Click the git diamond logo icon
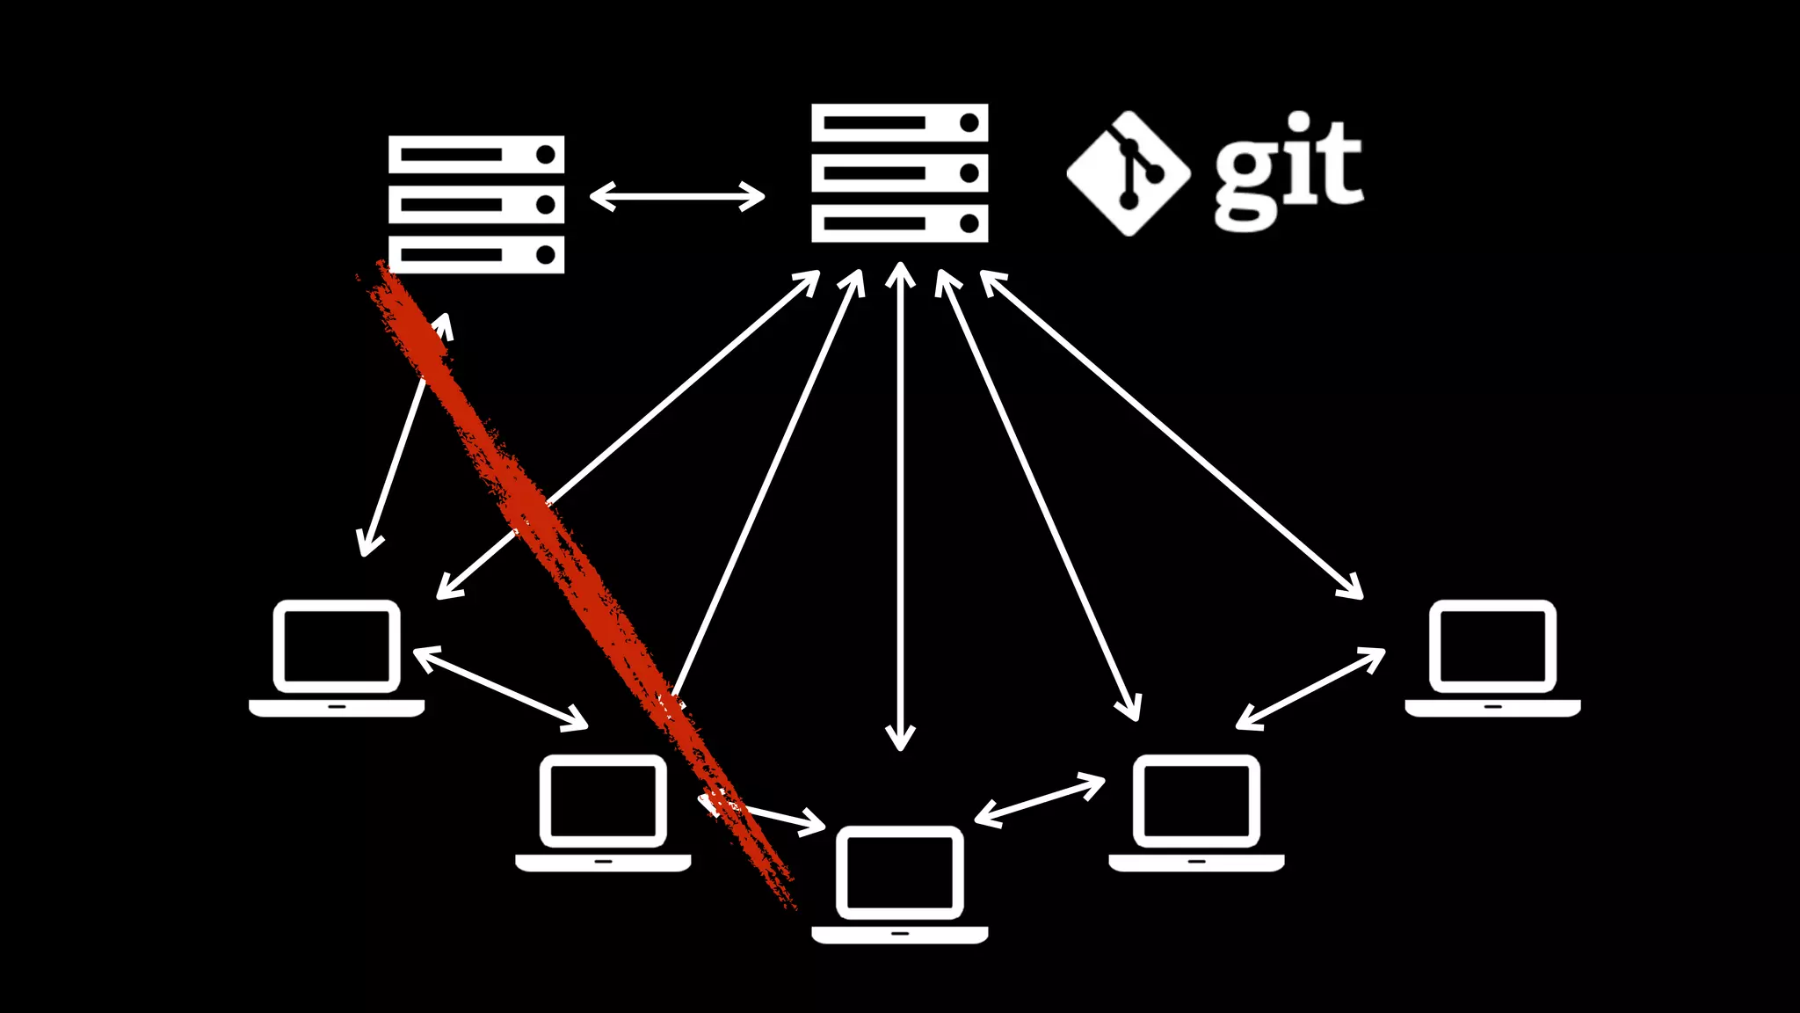(1129, 173)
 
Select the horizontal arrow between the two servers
(677, 196)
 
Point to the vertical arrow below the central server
(900, 506)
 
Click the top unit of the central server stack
(899, 122)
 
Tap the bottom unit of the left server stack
(476, 255)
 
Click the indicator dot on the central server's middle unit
(969, 173)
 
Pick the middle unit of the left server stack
(476, 205)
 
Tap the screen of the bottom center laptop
(899, 872)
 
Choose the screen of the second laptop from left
(603, 801)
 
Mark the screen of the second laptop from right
(1196, 801)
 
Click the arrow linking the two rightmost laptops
(1310, 689)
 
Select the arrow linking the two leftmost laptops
(500, 689)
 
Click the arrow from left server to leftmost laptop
(405, 435)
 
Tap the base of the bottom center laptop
(899, 934)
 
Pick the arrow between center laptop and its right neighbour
(1040, 800)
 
